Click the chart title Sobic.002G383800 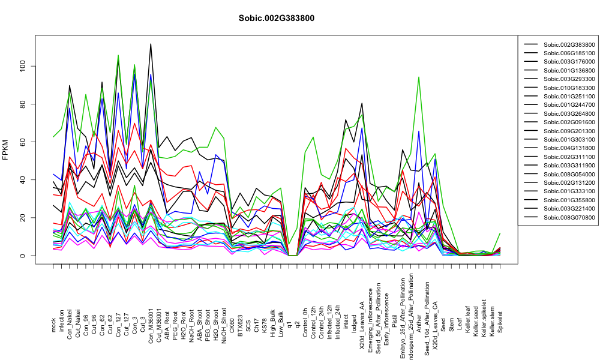276,19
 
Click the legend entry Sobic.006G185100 569,53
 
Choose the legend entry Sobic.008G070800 569,218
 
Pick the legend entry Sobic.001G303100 569,140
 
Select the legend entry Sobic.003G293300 569,79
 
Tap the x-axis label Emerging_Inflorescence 370,309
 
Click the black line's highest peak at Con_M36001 151,44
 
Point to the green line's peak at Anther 419,77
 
